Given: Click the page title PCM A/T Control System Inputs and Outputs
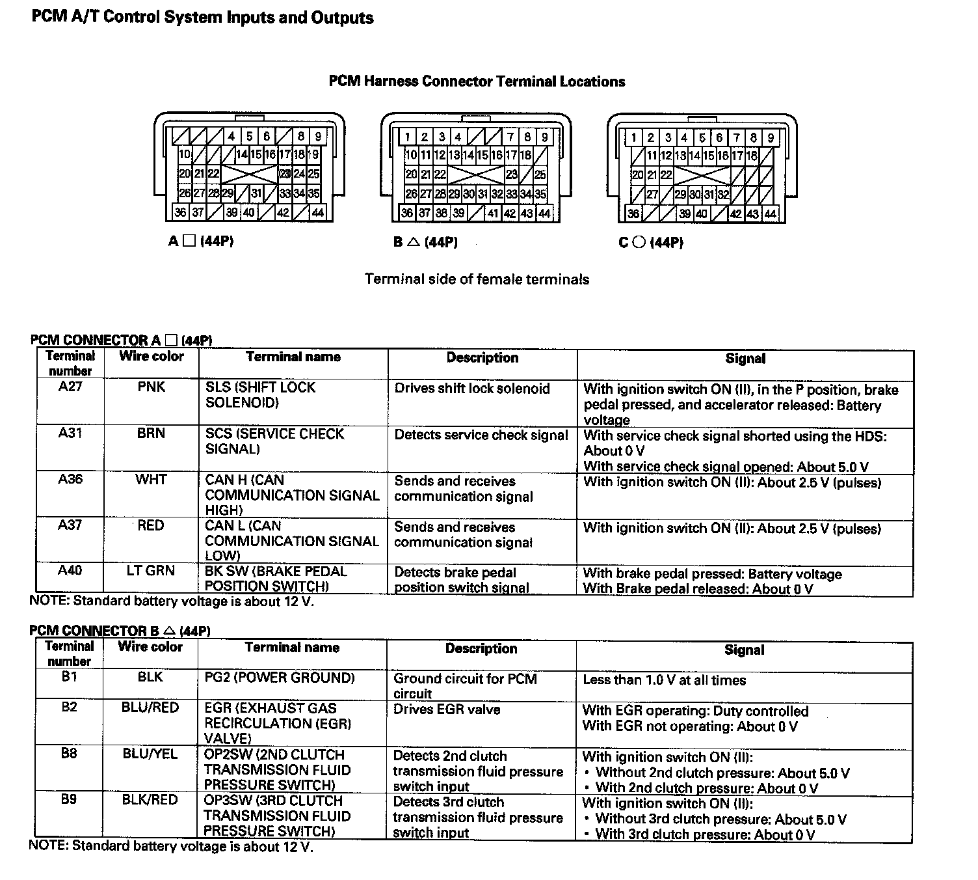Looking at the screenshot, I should point(202,18).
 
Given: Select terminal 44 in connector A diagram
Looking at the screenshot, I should point(318,212).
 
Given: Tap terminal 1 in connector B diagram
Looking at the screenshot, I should point(407,137).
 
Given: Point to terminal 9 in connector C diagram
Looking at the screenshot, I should point(771,138).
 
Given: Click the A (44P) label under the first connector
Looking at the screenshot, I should point(200,241).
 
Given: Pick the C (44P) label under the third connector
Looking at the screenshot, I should point(651,243).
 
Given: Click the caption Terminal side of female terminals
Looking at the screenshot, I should point(477,279).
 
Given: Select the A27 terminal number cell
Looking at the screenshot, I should point(70,387).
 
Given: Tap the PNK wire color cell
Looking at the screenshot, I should point(152,387).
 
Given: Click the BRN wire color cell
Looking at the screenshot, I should point(151,433).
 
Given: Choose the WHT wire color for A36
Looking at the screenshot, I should point(151,480).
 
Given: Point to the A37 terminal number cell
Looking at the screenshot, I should point(70,525).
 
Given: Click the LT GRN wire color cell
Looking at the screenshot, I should point(151,571).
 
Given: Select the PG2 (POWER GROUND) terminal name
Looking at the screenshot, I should point(280,678).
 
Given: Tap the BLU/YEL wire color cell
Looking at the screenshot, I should point(150,754).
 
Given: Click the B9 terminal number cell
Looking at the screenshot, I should point(69,799).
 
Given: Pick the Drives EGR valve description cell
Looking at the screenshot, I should point(447,709).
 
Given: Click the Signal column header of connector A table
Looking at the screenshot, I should point(745,359).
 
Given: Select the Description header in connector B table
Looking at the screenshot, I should point(481,649).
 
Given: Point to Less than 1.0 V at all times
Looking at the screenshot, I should point(664,680).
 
